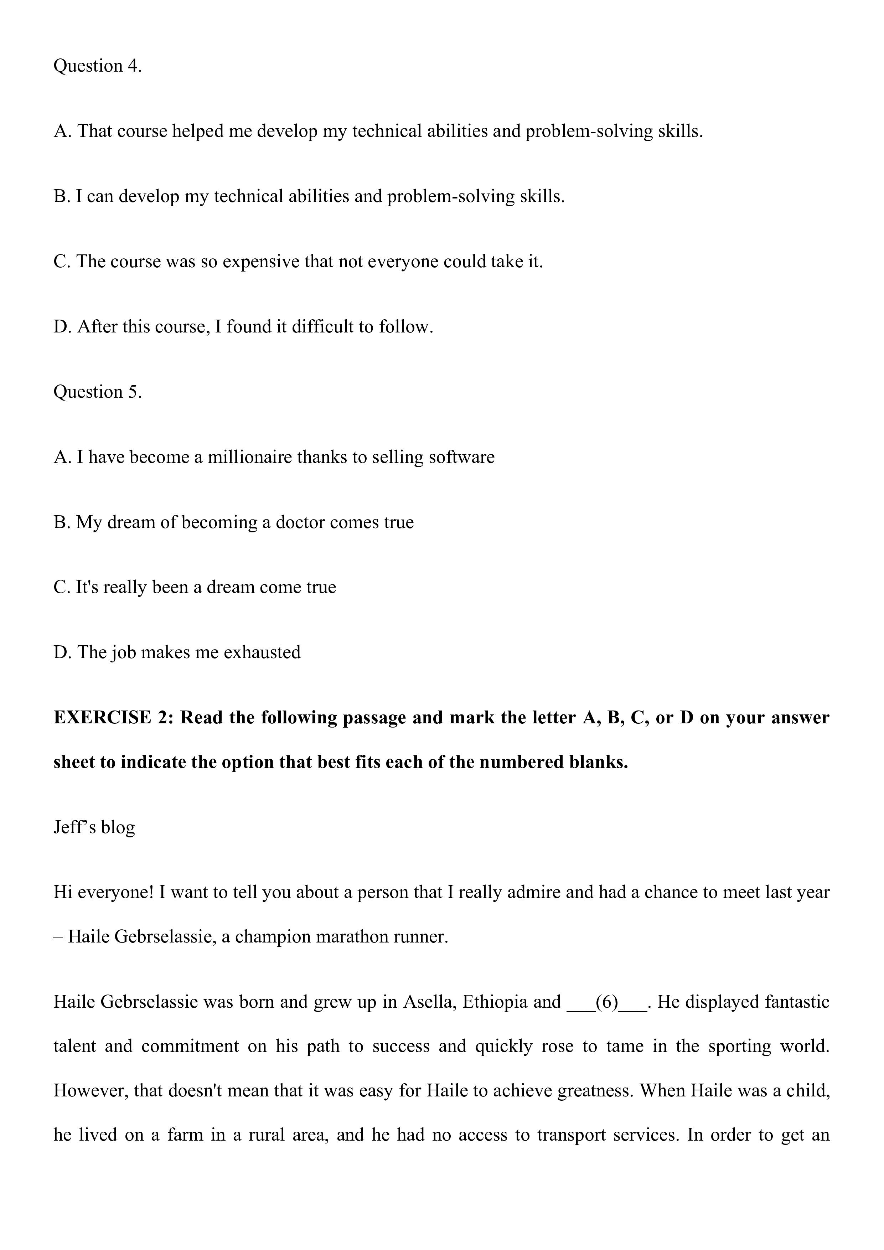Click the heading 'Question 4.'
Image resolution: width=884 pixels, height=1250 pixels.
(x=97, y=66)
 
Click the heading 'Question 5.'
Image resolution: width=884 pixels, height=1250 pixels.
(x=97, y=392)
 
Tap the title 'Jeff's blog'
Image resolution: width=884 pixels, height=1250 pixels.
(x=94, y=827)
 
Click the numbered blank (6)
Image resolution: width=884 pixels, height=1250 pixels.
(x=607, y=1002)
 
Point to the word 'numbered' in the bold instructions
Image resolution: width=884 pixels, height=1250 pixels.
(x=523, y=762)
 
